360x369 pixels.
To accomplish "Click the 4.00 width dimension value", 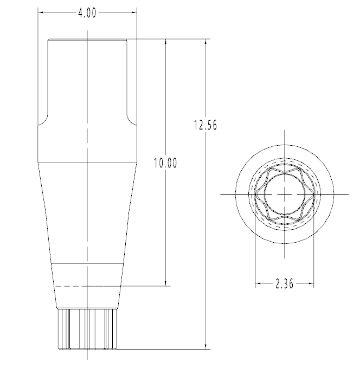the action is [87, 13].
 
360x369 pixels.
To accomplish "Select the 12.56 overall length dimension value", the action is [205, 125].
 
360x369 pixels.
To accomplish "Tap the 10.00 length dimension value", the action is [165, 163].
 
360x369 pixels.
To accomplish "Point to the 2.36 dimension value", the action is [285, 283].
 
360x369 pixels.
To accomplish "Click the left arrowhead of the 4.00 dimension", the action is [41, 12].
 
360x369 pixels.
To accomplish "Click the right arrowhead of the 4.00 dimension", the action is [134, 12].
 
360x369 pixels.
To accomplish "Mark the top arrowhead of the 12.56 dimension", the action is [206, 42].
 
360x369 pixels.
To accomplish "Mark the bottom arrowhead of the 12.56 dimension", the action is [206, 346].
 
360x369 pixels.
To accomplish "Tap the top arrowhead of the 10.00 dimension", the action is [166, 42].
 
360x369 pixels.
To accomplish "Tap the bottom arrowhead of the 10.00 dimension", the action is [166, 283].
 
